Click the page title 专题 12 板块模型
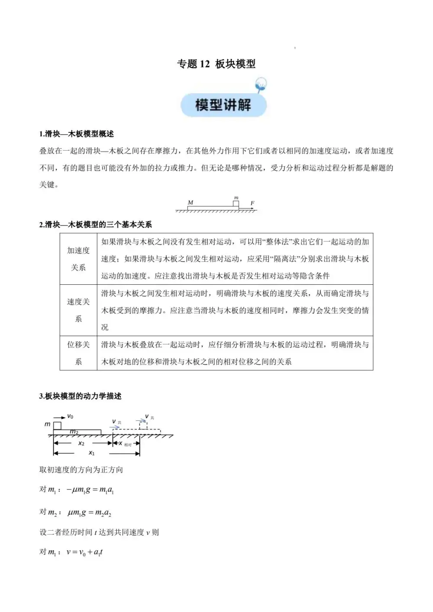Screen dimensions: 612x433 (216, 64)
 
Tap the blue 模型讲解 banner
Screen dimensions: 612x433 (223, 105)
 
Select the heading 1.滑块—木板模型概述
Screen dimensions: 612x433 (77, 134)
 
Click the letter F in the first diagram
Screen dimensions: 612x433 (252, 203)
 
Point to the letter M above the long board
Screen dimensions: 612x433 (191, 202)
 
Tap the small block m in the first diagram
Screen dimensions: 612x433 (236, 203)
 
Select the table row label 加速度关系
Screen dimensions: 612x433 (78, 259)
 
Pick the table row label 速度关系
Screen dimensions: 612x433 (78, 310)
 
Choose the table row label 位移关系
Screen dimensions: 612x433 (78, 353)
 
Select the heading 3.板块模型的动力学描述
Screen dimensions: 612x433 (81, 396)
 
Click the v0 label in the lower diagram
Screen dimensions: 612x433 (70, 416)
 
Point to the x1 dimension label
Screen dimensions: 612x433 (91, 453)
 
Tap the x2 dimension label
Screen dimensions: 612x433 (81, 443)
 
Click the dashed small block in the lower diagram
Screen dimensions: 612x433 (143, 425)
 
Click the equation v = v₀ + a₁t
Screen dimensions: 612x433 (84, 552)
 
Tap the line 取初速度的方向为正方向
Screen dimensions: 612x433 (81, 470)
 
